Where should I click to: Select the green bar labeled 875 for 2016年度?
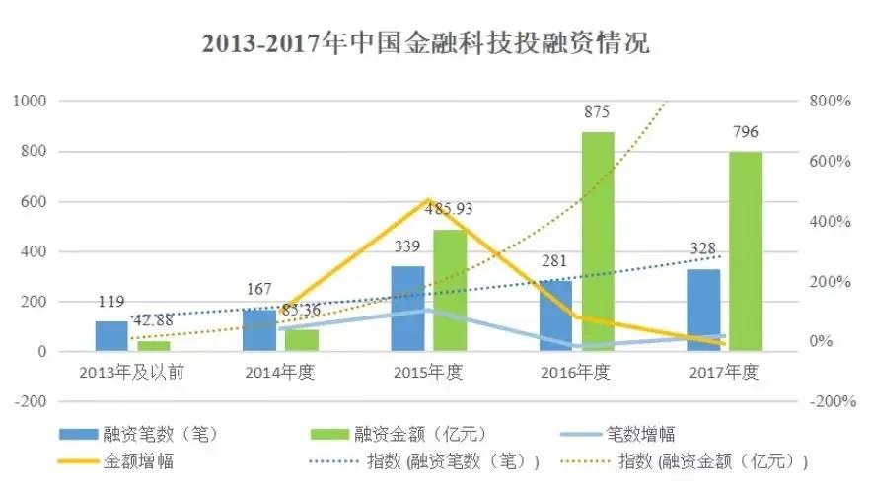point(598,242)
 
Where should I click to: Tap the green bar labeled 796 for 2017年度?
point(746,251)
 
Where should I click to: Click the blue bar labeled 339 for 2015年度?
point(407,309)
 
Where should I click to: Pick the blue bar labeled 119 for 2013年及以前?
point(111,336)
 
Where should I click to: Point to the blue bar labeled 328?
point(703,311)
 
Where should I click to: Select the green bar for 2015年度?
point(450,291)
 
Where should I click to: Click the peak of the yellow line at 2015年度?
point(429,200)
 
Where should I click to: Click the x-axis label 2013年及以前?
point(132,373)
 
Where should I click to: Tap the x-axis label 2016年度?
point(576,373)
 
